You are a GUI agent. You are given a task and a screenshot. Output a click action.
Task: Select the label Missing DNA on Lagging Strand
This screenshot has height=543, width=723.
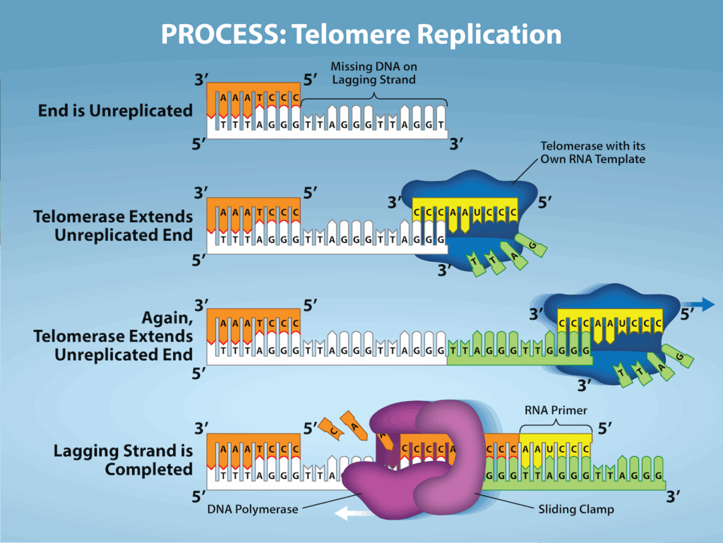point(374,73)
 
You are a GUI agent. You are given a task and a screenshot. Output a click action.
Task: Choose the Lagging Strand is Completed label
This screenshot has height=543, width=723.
point(123,460)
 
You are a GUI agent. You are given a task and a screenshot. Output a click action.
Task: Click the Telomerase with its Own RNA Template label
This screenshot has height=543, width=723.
point(592,153)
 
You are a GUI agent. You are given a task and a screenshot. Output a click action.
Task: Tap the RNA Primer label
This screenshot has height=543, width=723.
point(555,410)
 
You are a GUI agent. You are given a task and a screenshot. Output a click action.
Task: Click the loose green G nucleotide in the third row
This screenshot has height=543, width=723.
point(679,358)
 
